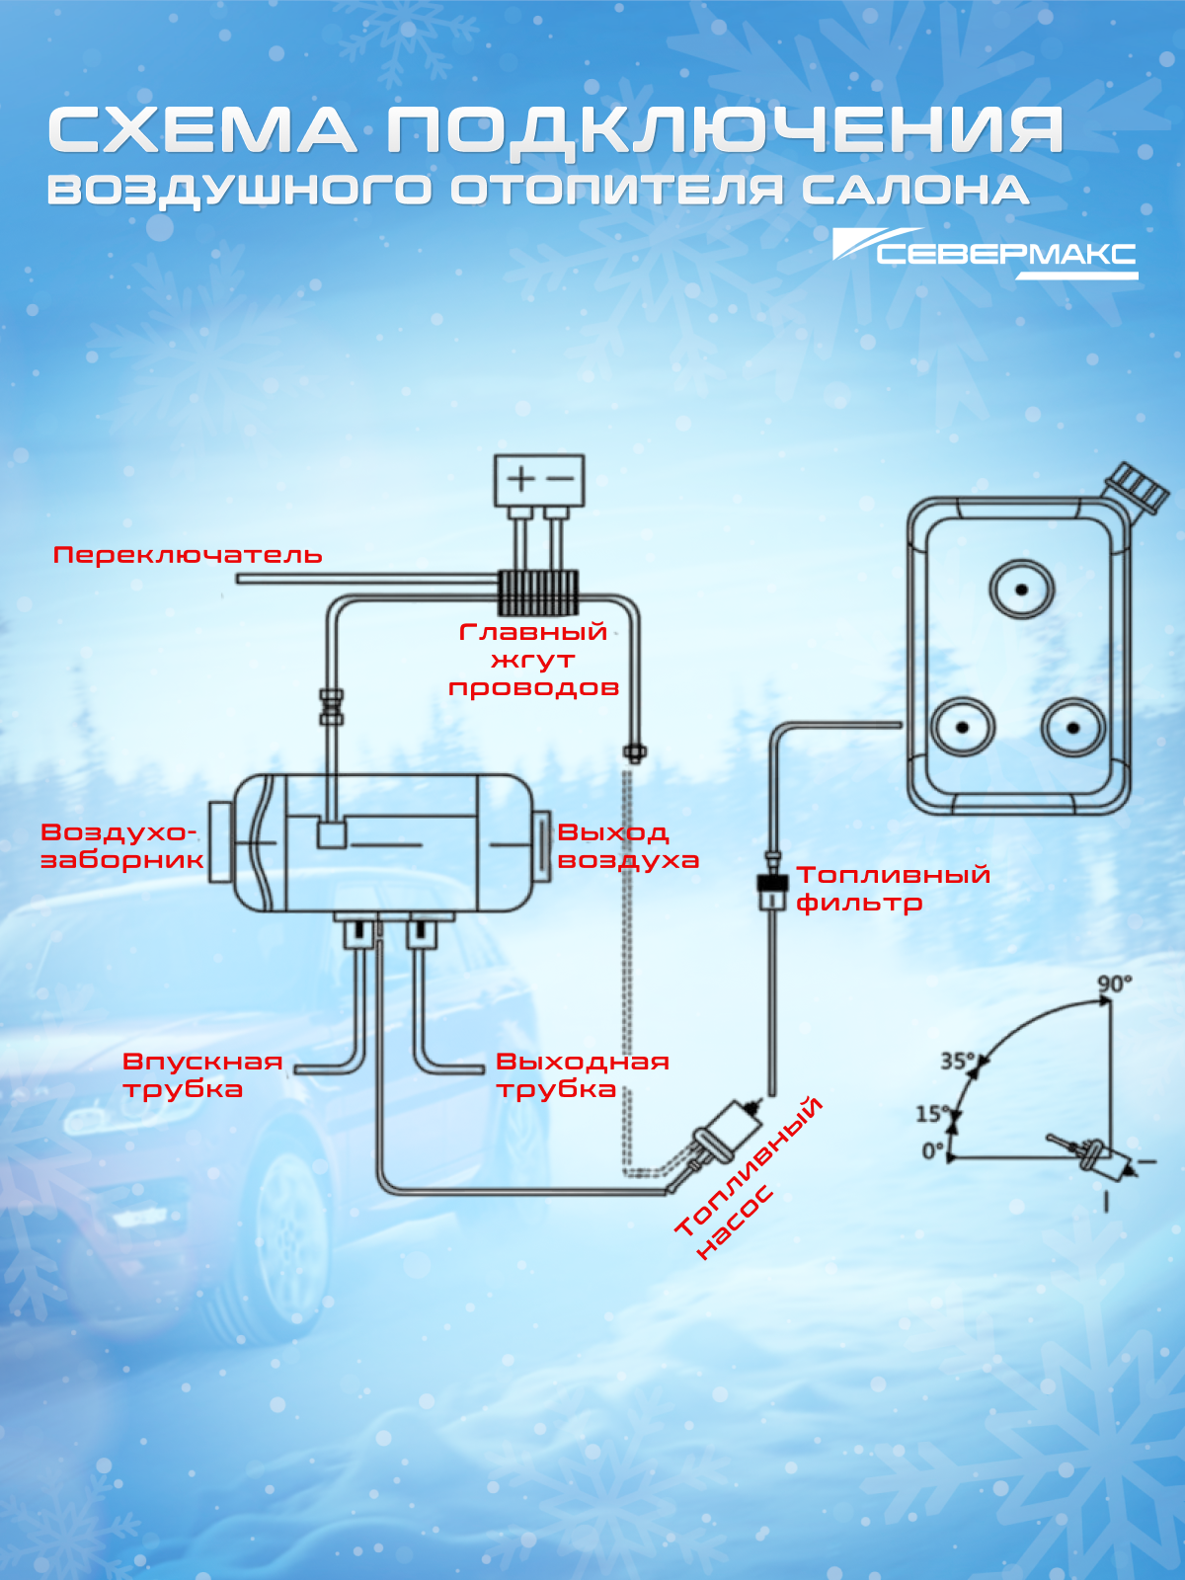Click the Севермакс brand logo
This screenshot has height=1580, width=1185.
[x=986, y=254]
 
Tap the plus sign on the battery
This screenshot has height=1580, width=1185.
[x=521, y=479]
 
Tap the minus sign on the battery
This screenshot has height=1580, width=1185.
[x=559, y=479]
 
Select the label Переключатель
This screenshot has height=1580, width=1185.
[x=188, y=555]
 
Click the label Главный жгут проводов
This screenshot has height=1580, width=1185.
[x=534, y=660]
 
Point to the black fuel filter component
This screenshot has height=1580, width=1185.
[x=772, y=883]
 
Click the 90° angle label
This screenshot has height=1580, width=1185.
[x=1115, y=984]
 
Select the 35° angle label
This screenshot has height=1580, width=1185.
[x=958, y=1061]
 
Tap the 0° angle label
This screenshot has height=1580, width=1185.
[x=933, y=1151]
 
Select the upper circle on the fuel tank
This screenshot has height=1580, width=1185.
[x=1021, y=590]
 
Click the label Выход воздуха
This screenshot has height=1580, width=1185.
[x=628, y=846]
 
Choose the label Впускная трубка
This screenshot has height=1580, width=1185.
[x=202, y=1074]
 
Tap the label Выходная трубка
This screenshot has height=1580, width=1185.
[x=583, y=1074]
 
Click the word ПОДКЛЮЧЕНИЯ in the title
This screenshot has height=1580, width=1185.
[x=725, y=131]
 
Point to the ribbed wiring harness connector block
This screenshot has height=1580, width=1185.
[x=538, y=592]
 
